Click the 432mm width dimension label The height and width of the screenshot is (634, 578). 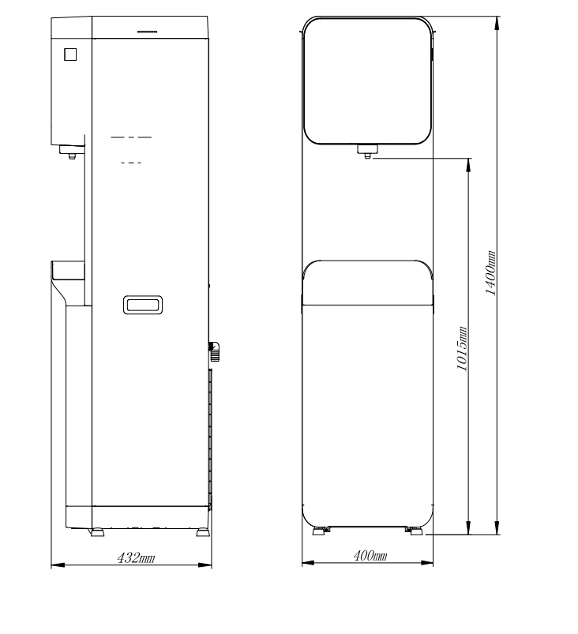[x=136, y=558]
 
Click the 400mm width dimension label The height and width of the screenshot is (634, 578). [x=370, y=556]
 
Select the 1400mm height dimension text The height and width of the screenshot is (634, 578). [x=490, y=273]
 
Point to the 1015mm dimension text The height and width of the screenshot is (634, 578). [x=462, y=348]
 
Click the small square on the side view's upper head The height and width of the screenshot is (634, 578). [x=70, y=54]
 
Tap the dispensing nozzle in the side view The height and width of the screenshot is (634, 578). [x=72, y=152]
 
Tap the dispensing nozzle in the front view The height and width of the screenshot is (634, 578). [x=367, y=152]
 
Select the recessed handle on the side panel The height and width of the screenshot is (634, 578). [x=143, y=305]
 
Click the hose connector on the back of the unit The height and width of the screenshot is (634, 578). [x=214, y=351]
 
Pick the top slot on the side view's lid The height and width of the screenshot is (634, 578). [x=147, y=32]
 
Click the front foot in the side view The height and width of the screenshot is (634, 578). [x=97, y=532]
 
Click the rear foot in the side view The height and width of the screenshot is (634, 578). [x=203, y=532]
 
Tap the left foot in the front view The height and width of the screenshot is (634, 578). [x=321, y=531]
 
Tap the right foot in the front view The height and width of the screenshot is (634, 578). [x=415, y=531]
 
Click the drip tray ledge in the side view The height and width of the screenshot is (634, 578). [x=68, y=270]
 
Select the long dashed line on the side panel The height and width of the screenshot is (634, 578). [x=131, y=137]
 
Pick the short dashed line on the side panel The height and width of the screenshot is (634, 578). [x=131, y=163]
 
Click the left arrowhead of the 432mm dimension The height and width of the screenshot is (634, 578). [x=58, y=565]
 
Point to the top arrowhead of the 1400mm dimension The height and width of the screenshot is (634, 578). [x=497, y=24]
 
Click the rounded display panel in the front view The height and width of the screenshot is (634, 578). [x=367, y=18]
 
